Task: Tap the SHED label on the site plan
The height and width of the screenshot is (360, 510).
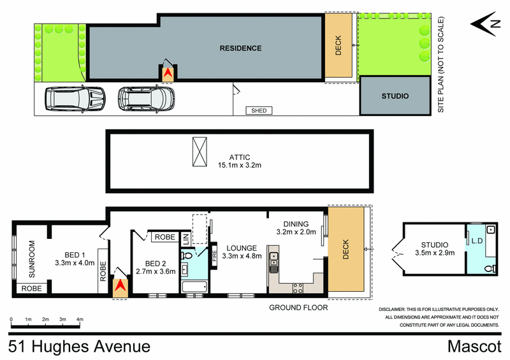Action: coord(259,111)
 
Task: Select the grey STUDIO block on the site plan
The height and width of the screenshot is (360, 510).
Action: coord(395,96)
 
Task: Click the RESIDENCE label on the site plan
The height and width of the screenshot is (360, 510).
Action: coord(240,48)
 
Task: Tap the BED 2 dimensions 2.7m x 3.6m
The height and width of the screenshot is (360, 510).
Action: coord(155,271)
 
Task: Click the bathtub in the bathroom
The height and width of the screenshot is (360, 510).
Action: coord(194,289)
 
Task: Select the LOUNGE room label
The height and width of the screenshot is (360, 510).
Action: coord(240,248)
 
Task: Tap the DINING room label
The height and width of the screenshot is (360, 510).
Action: coord(296,224)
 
